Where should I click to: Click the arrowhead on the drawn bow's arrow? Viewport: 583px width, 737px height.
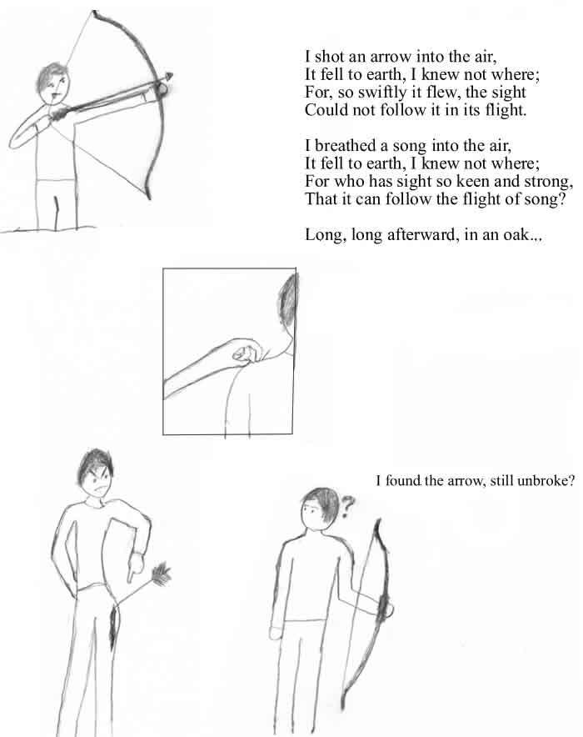(169, 76)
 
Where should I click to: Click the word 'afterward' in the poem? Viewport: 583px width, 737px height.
(422, 234)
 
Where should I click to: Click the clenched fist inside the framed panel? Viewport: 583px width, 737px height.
(247, 353)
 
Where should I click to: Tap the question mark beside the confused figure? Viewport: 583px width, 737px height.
(346, 507)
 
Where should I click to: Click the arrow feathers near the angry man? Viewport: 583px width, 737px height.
(161, 574)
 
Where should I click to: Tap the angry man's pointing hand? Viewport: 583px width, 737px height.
(136, 567)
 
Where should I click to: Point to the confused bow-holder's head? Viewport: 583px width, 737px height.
(319, 508)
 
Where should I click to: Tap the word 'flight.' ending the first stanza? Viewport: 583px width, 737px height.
(505, 110)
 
